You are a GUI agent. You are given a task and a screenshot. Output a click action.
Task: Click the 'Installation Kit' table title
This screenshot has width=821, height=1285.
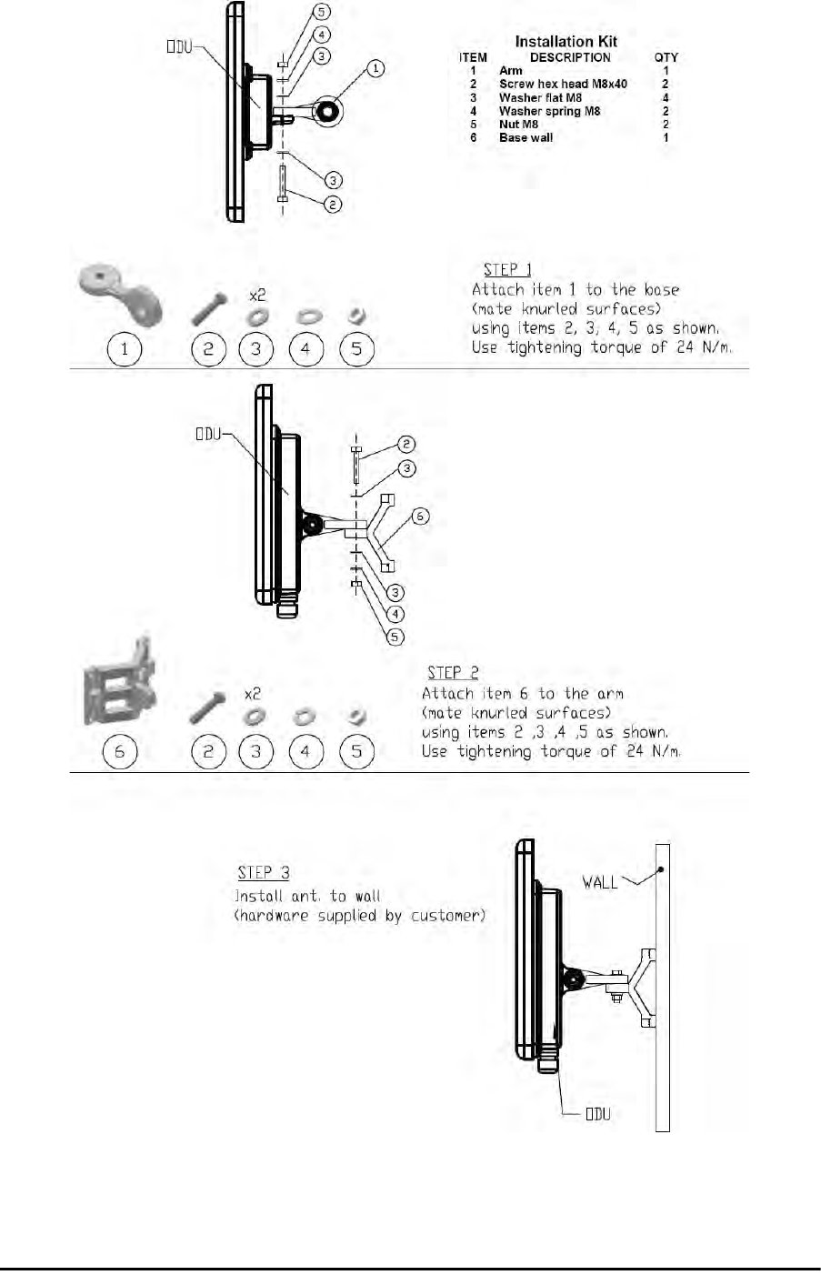566,41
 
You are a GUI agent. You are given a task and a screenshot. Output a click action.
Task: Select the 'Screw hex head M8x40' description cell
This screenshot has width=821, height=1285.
563,84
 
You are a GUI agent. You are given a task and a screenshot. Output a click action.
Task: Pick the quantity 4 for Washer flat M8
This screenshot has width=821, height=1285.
666,97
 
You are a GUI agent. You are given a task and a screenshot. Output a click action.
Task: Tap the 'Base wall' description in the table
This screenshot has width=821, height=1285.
526,138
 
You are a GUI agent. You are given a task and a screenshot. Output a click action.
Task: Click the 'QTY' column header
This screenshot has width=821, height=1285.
666,57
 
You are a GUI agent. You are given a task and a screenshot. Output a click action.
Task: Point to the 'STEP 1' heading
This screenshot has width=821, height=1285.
507,269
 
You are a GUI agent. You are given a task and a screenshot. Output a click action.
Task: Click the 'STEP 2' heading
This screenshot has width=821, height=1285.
452,673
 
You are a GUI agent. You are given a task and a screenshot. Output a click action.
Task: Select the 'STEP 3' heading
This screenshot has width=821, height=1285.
264,873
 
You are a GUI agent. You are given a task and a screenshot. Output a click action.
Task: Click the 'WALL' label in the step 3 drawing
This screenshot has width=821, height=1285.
600,882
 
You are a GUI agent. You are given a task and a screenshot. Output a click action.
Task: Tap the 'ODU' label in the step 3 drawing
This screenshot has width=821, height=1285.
597,1114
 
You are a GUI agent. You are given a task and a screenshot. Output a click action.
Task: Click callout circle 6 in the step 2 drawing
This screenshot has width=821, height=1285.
419,517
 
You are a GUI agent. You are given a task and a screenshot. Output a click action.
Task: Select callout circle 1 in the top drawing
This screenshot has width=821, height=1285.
377,68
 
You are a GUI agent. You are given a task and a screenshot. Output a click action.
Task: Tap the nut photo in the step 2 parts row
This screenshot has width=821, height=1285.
357,716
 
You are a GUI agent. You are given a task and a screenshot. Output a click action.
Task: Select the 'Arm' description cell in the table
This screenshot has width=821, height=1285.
511,70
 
